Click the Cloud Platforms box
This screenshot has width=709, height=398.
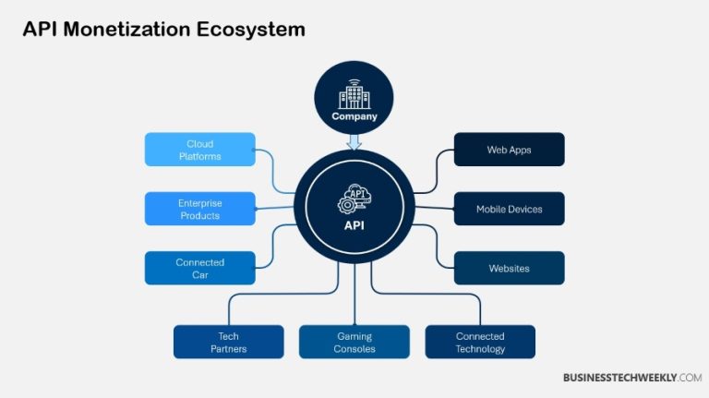point(199,150)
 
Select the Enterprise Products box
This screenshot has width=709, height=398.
point(199,209)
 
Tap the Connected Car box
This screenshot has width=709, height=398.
point(199,268)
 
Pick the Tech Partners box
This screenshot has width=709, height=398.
point(228,342)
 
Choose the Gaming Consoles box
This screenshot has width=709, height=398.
point(354,342)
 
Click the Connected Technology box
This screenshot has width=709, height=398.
point(480,342)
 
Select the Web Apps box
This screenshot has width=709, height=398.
point(509,150)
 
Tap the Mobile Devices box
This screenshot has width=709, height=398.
point(509,209)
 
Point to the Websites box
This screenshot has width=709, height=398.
point(509,268)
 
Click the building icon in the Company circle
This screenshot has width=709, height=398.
point(354,94)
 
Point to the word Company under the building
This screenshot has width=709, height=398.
point(354,117)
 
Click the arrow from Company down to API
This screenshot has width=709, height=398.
point(354,141)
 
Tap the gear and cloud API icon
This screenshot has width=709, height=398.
point(354,199)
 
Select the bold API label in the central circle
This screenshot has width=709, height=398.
point(354,223)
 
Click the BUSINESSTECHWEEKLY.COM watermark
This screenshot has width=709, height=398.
point(632,378)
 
